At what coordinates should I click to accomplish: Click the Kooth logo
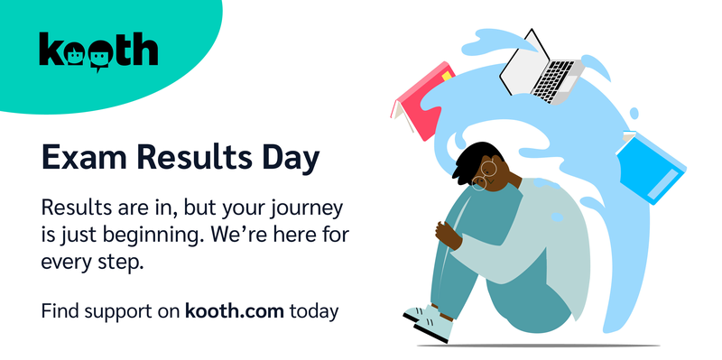[x=98, y=51]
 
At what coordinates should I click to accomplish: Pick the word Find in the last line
[x=60, y=312]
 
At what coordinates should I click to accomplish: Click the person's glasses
[x=486, y=174]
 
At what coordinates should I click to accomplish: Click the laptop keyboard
[x=553, y=78]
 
